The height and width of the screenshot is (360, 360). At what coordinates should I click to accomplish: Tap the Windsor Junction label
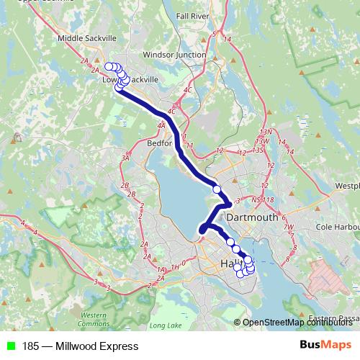click(x=174, y=55)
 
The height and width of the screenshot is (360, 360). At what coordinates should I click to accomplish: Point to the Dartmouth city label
click(x=251, y=217)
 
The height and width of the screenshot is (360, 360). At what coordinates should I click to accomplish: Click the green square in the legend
click(x=10, y=346)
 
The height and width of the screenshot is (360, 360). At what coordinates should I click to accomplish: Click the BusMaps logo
click(x=325, y=346)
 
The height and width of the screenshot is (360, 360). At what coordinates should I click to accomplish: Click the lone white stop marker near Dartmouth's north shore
click(x=217, y=189)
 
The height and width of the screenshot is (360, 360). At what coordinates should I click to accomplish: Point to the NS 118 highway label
click(x=263, y=199)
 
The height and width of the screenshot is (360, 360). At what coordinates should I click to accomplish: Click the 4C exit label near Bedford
click(x=171, y=111)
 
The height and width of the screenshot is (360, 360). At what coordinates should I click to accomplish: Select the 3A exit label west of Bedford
click(x=125, y=158)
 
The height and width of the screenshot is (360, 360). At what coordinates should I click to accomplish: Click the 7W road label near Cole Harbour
click(x=289, y=228)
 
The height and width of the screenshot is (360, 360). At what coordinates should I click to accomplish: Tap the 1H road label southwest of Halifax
click(x=175, y=267)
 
